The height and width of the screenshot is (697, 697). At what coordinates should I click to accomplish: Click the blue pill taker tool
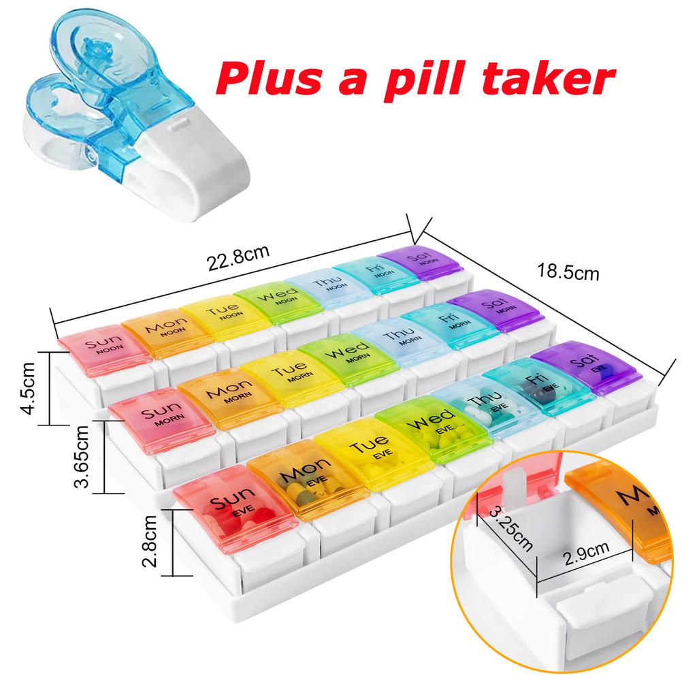[102, 102]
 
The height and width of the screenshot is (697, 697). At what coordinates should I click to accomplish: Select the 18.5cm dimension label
[568, 273]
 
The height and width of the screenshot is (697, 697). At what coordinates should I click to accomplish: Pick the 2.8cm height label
[152, 542]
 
